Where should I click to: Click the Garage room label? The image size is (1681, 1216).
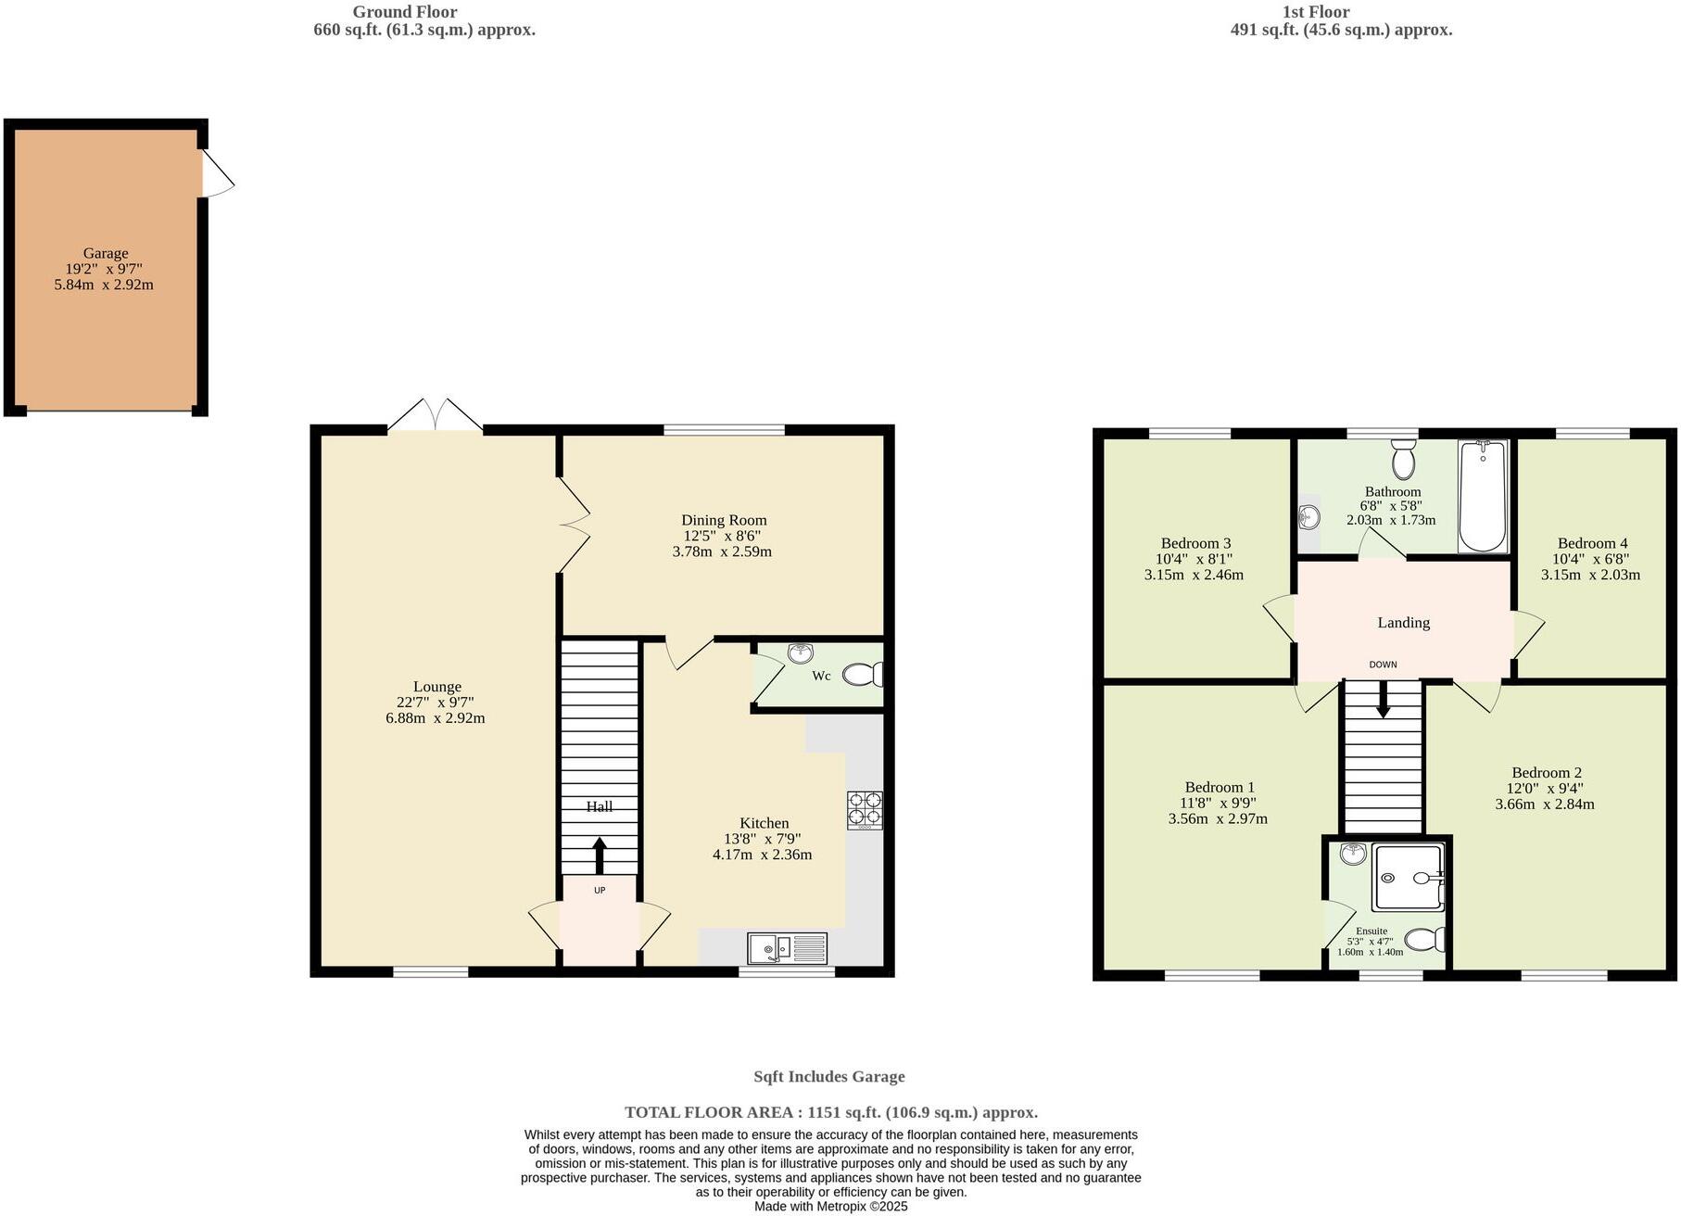point(106,253)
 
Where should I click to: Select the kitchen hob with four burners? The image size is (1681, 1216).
point(865,809)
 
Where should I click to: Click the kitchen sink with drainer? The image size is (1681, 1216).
point(787,947)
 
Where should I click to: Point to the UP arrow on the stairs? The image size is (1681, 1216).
point(600,855)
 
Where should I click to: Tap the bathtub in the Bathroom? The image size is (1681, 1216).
point(1483,496)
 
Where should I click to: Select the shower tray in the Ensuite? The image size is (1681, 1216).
point(1409,877)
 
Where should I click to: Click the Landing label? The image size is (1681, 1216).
point(1403,623)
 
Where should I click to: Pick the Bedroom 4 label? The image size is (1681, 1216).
point(1592,543)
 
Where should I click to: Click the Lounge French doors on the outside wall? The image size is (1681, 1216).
point(436,416)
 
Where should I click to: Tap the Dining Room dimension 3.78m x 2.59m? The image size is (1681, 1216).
point(722,551)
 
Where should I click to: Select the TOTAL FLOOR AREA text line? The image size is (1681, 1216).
point(830,1112)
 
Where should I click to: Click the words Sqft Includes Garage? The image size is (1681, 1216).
point(828,1077)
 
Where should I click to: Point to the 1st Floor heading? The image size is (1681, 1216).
point(1315,12)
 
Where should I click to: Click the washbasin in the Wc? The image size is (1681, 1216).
point(801,653)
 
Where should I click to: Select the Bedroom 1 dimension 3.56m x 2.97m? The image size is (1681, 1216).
point(1218,819)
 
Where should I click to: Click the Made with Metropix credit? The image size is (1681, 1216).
point(830,1207)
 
